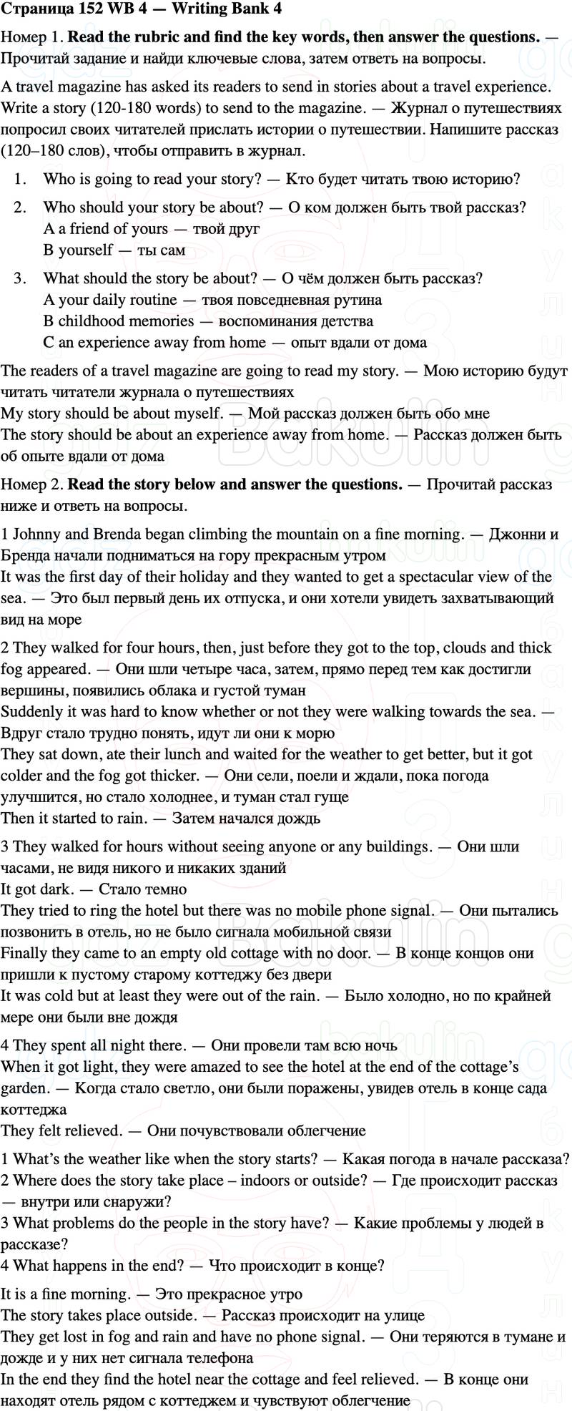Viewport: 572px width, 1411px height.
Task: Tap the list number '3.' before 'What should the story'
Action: coord(20,278)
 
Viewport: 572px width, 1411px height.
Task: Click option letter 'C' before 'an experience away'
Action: coord(48,343)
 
